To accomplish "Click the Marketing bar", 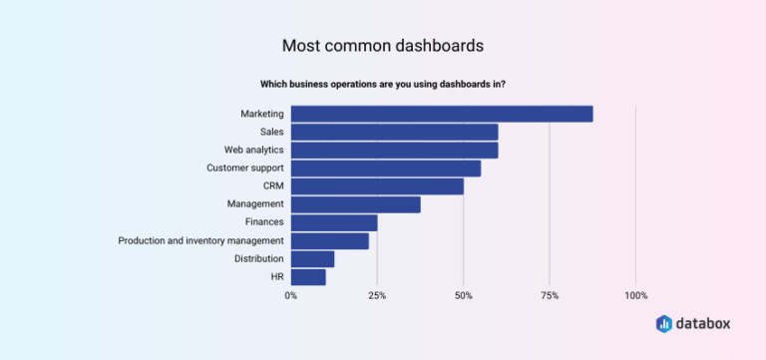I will [x=442, y=114].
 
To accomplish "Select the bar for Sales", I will [x=394, y=132].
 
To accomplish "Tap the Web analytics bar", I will [x=394, y=150].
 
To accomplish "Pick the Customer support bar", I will [x=386, y=168].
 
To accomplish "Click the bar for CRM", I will [x=377, y=186].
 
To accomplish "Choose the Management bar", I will [x=355, y=204].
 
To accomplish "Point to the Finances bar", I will [x=334, y=222].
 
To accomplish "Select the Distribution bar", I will [x=312, y=259].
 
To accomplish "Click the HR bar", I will [x=308, y=277].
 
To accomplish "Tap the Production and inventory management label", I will [x=200, y=240].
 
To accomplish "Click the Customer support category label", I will [x=245, y=168].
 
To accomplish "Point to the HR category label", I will [x=276, y=277].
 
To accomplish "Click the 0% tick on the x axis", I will [x=291, y=296].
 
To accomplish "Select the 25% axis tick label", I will [x=377, y=296].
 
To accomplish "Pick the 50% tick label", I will [x=463, y=296].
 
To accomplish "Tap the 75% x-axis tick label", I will [x=550, y=296].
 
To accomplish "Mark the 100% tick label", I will [x=635, y=296].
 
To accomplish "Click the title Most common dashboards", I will [x=383, y=46].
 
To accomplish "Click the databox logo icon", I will [x=664, y=324].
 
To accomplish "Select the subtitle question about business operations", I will [x=383, y=84].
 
